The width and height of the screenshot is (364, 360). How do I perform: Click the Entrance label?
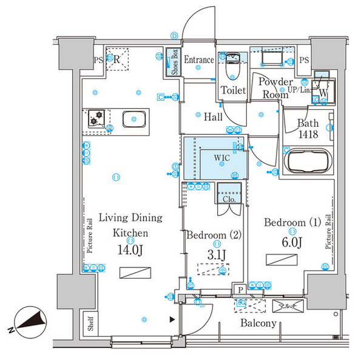click(199, 59)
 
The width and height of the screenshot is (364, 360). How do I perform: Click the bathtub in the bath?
click(307, 162)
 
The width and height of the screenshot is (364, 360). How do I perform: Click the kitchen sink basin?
click(135, 119)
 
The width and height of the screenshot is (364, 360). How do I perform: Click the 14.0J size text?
click(129, 250)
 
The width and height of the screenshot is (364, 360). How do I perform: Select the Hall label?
click(212, 117)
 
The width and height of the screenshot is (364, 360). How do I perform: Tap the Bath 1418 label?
click(308, 128)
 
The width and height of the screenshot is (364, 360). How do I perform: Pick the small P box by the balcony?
click(240, 290)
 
